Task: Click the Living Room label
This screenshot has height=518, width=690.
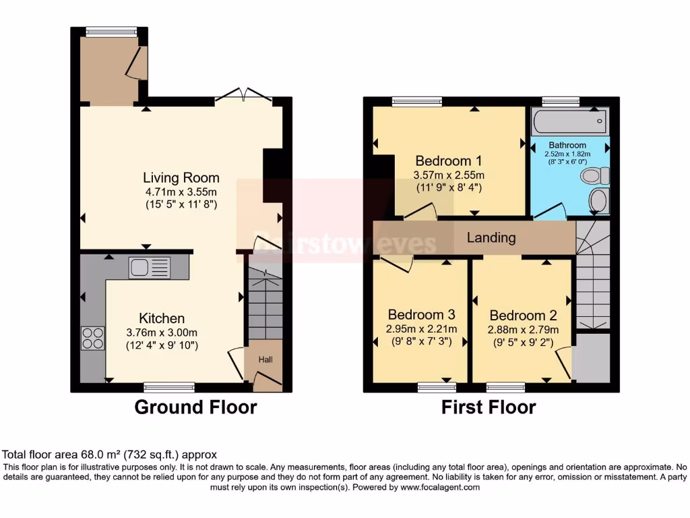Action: (x=181, y=178)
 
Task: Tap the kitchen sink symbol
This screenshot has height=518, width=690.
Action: (x=150, y=268)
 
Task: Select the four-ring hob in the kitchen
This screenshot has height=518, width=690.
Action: (x=92, y=338)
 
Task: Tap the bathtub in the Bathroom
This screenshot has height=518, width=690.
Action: (x=569, y=122)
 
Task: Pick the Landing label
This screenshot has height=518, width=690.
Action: (x=491, y=237)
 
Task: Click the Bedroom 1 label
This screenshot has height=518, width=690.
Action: (x=448, y=161)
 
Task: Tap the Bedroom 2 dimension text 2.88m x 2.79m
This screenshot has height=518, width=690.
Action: (x=522, y=330)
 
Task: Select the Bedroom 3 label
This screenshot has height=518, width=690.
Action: (x=421, y=315)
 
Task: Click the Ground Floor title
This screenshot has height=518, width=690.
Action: (x=195, y=407)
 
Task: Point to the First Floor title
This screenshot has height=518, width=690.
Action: (x=489, y=407)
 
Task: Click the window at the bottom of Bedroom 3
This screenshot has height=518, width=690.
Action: (x=437, y=387)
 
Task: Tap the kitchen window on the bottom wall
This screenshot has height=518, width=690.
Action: (x=169, y=387)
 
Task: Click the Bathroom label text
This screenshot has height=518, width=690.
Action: (x=567, y=145)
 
